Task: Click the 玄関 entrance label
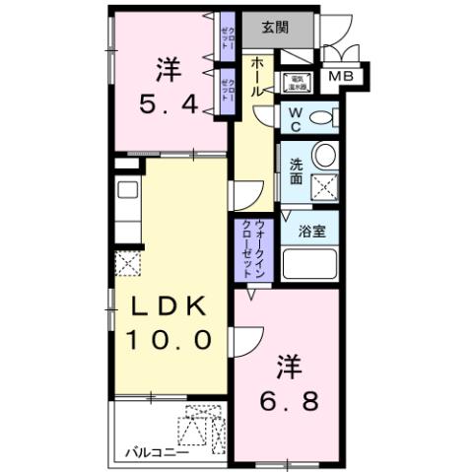click(x=275, y=27)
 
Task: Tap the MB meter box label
click(x=343, y=77)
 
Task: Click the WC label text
click(x=295, y=119)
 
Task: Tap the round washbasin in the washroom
click(x=323, y=155)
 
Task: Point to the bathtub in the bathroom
click(x=309, y=264)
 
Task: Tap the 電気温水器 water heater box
click(x=295, y=84)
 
